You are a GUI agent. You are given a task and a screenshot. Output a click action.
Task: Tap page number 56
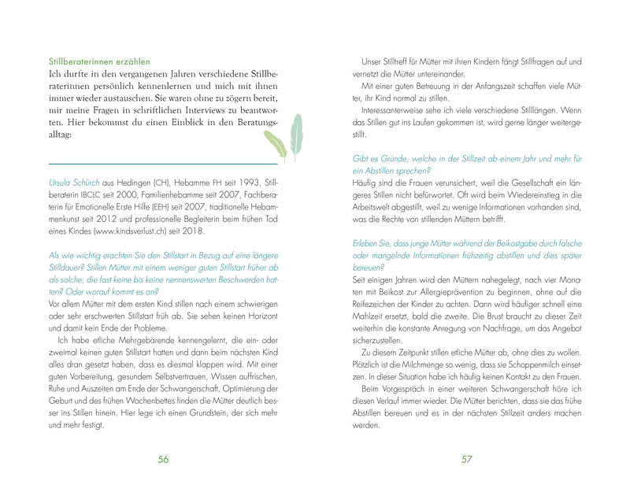(164, 460)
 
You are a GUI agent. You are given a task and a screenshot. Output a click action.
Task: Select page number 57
(466, 460)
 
